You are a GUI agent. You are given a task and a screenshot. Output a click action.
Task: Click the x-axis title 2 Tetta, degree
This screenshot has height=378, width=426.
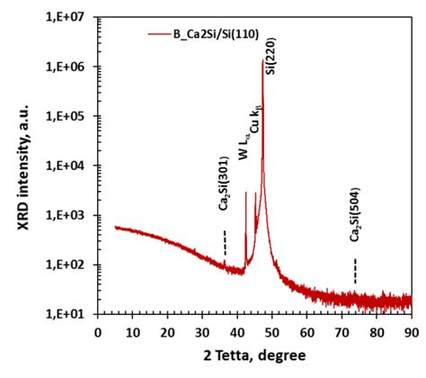coord(254,357)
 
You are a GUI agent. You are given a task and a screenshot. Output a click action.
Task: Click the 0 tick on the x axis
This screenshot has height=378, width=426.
coord(98,330)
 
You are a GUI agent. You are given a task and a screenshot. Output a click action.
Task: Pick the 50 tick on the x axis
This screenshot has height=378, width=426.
coord(271,330)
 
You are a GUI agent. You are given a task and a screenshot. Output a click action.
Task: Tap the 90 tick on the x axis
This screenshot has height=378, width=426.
coord(412,330)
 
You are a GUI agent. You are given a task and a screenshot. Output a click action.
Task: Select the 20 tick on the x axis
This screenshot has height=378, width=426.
coord(167,330)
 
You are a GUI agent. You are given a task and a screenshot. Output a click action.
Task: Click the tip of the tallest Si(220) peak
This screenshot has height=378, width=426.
coord(262,60)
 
